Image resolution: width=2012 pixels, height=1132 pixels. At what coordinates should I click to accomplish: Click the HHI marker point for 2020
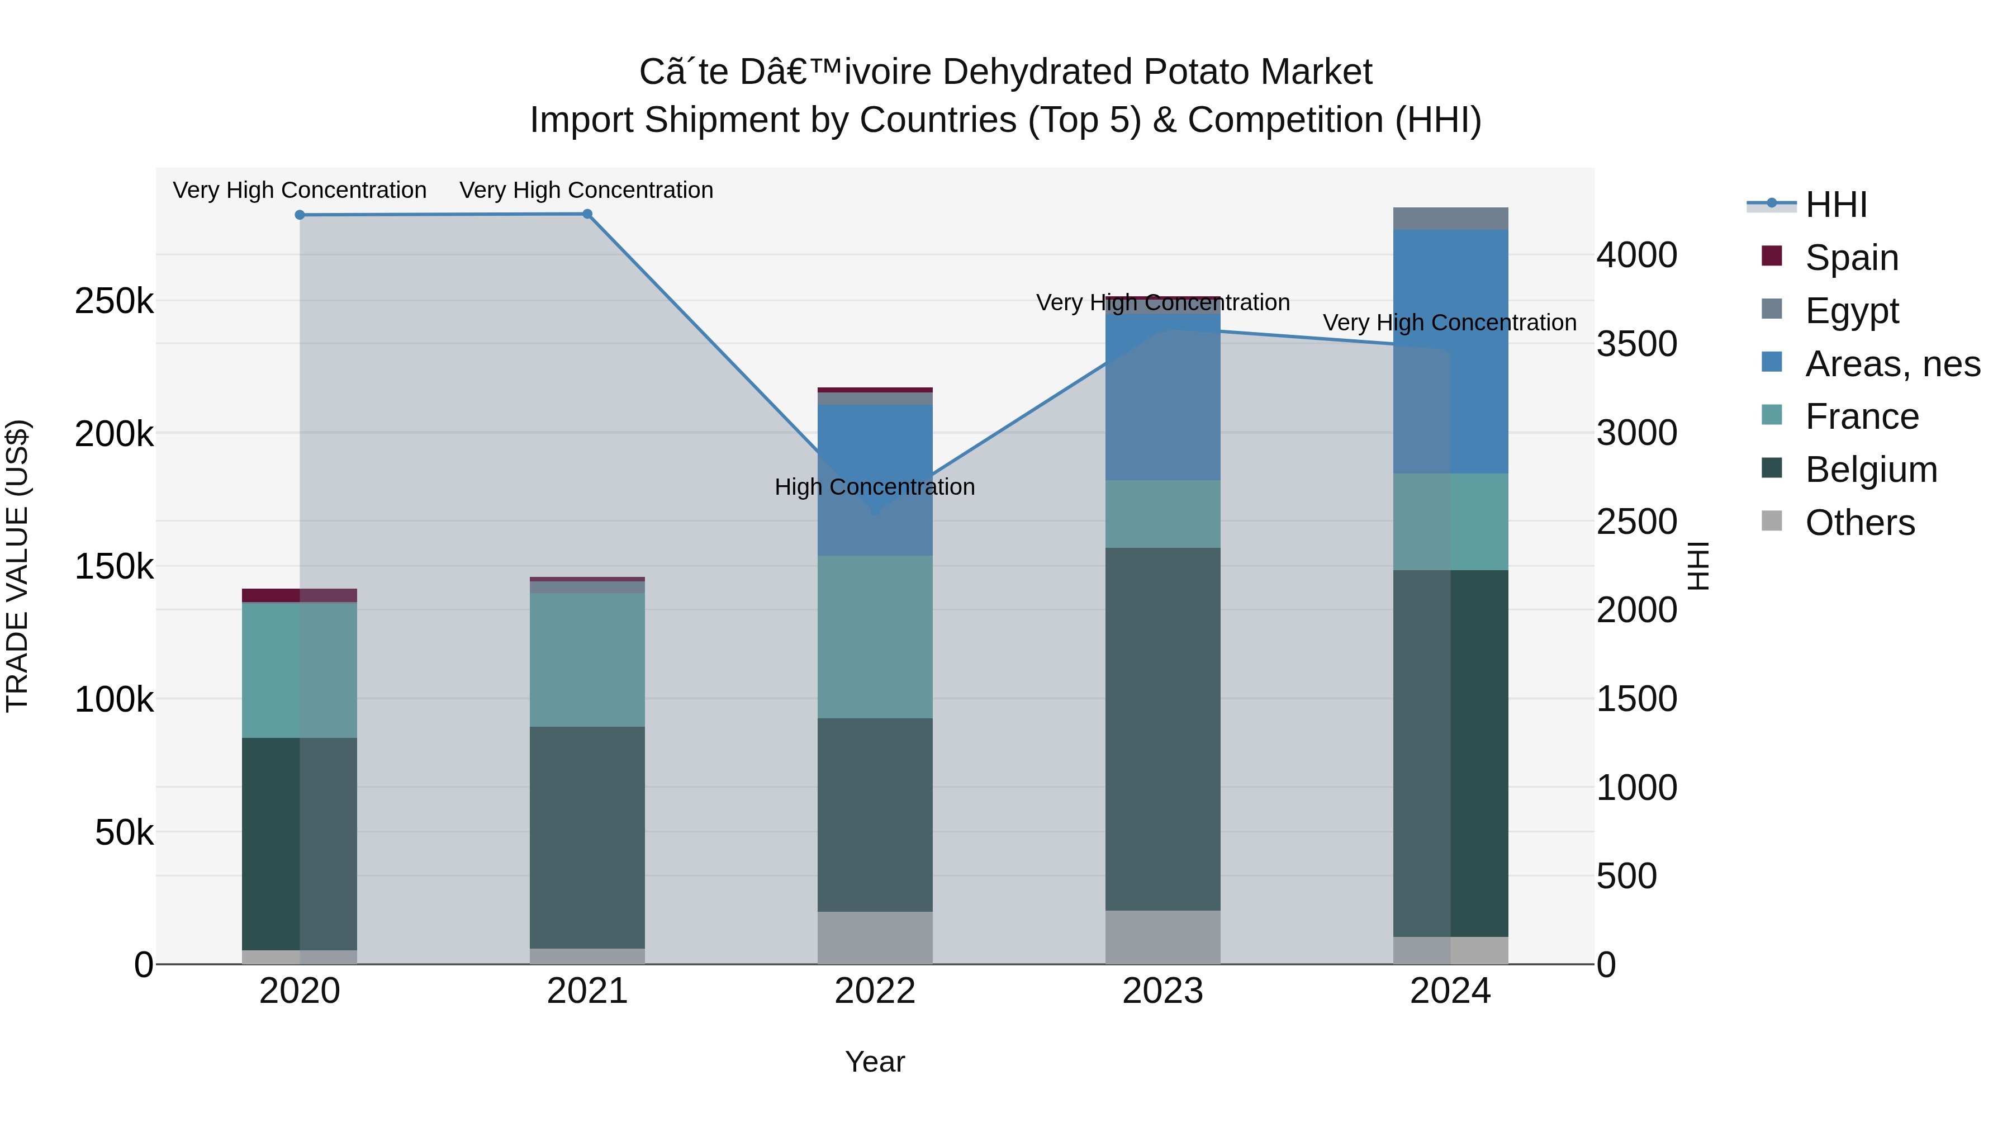pyautogui.click(x=300, y=215)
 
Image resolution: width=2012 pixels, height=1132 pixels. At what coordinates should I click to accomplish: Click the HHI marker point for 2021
pyautogui.click(x=587, y=214)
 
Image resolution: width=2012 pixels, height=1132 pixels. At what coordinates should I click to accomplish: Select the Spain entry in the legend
pyautogui.click(x=1851, y=258)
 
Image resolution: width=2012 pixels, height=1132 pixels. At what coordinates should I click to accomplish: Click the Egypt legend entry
pyautogui.click(x=1851, y=311)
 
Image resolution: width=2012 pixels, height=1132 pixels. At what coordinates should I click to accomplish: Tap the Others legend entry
pyautogui.click(x=1859, y=523)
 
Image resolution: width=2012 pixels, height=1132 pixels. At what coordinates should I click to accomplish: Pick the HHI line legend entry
pyautogui.click(x=1835, y=205)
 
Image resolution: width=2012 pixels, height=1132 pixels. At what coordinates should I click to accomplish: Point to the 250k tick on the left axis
pyautogui.click(x=114, y=301)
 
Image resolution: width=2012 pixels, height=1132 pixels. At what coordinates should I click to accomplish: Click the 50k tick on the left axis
pyautogui.click(x=124, y=833)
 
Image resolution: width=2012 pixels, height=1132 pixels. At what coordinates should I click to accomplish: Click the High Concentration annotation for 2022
pyautogui.click(x=875, y=487)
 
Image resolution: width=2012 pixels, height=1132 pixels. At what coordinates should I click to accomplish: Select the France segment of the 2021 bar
pyautogui.click(x=587, y=660)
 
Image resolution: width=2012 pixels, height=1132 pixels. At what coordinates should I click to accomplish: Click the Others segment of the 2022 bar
pyautogui.click(x=875, y=937)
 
